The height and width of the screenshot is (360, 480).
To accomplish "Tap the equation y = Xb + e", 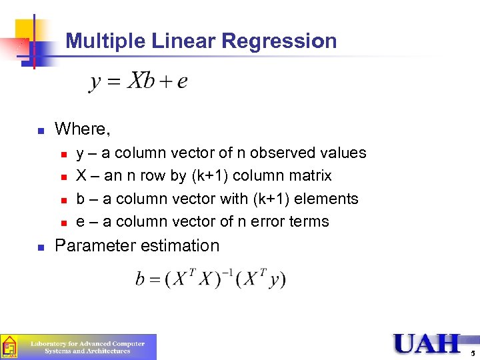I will coord(138,81).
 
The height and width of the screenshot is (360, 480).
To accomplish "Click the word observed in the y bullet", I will coord(279,153).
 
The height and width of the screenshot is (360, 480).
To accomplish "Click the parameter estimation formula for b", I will coord(211,277).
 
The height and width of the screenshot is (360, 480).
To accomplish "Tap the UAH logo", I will coord(427,343).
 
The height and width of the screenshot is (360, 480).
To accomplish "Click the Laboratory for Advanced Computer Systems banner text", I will coord(87,347).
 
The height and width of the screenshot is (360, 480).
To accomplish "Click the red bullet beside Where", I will coord(40,129).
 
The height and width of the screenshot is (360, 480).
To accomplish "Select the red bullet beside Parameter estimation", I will coord(40,247).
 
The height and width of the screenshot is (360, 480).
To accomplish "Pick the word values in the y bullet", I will coord(343,153).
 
